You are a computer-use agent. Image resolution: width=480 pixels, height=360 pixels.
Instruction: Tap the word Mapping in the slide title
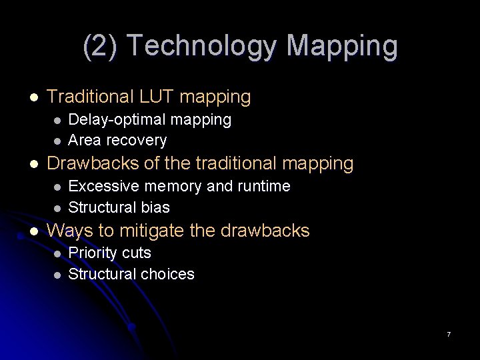(342, 47)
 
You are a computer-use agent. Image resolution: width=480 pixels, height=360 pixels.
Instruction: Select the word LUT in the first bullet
(156, 97)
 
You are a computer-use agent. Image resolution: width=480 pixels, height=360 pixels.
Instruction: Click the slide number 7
(449, 334)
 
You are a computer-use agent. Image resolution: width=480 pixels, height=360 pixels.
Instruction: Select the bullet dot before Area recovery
(57, 141)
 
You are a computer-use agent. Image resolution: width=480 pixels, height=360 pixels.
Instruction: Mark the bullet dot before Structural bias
(57, 207)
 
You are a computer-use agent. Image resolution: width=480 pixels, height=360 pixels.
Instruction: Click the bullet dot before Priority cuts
(57, 254)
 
